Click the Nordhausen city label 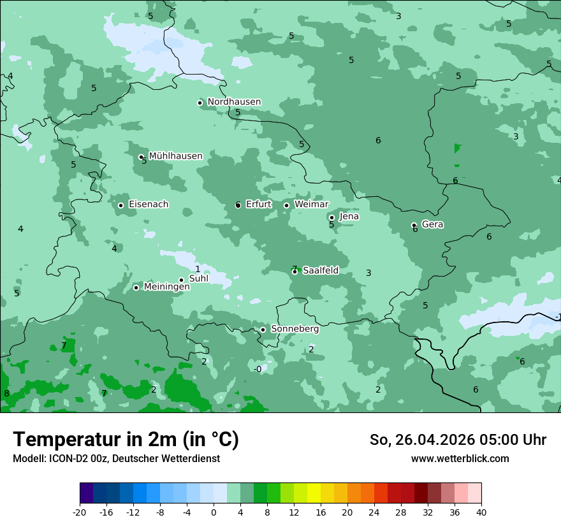tap(234, 102)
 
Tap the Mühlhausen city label tap(175, 156)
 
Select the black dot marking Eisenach tap(121, 205)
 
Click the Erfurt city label tap(258, 205)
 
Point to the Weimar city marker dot tap(287, 205)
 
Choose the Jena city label tap(349, 217)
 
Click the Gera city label tap(432, 224)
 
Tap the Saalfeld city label tap(320, 271)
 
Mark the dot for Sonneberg tap(263, 330)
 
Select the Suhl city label tap(199, 279)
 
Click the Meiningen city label tap(166, 287)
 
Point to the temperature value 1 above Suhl tap(198, 269)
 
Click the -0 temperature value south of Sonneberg tap(258, 369)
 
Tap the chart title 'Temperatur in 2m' tap(126, 440)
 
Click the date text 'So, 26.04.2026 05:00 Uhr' tap(458, 440)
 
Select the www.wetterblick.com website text tap(460, 459)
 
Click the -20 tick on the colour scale tap(80, 512)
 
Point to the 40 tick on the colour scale tap(481, 512)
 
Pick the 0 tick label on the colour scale tap(214, 512)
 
